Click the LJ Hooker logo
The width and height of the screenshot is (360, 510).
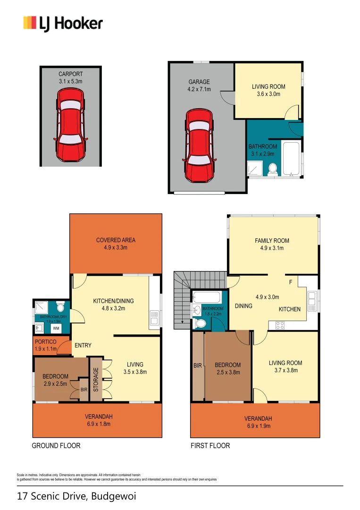click(x=63, y=23)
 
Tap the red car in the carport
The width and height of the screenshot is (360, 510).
click(x=70, y=125)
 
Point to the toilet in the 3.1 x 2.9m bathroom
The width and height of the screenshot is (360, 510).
click(x=272, y=169)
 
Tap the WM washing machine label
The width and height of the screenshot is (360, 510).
click(x=56, y=328)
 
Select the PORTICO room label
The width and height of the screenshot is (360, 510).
click(x=46, y=341)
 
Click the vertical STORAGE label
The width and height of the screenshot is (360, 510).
click(x=96, y=380)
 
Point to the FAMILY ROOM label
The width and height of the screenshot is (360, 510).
click(x=272, y=240)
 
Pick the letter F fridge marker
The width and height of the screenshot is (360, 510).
click(x=291, y=282)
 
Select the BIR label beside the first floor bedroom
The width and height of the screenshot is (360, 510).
click(x=197, y=365)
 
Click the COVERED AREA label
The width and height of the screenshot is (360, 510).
click(x=116, y=240)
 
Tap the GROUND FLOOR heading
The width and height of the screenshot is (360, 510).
click(x=56, y=445)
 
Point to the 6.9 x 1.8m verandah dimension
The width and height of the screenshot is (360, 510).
click(x=99, y=424)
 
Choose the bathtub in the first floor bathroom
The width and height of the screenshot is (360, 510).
click(x=207, y=297)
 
